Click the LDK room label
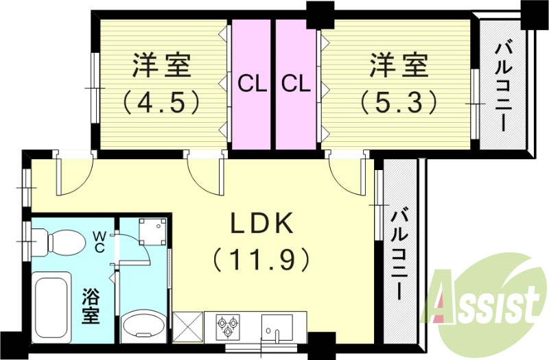point(261,224)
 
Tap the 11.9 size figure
point(261,260)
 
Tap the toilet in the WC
point(66,241)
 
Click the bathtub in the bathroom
point(51,302)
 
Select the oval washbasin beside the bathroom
point(143,324)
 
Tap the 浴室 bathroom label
point(91,307)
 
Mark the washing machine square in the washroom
point(151,232)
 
